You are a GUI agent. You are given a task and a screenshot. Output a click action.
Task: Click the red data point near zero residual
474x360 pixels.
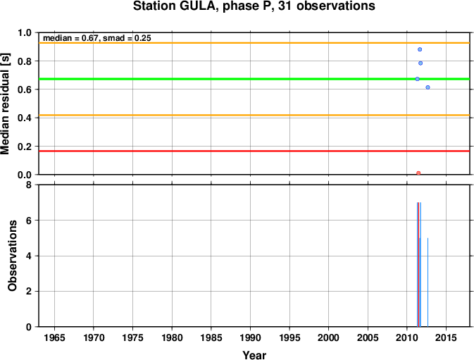click(418, 173)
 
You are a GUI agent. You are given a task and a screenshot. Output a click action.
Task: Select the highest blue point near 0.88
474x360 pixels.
click(420, 49)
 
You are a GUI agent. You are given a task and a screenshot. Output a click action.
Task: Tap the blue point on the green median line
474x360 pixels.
click(417, 79)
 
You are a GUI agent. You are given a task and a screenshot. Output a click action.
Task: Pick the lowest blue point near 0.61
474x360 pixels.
click(428, 87)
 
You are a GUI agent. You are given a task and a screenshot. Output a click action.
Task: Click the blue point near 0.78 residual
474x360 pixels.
click(420, 63)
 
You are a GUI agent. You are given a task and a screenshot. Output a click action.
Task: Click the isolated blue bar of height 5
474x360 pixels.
click(428, 283)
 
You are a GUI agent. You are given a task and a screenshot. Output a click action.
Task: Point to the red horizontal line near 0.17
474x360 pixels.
click(254, 151)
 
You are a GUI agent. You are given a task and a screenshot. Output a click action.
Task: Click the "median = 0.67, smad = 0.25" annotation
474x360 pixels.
click(97, 38)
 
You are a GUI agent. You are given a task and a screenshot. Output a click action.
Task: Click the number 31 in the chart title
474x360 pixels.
click(285, 6)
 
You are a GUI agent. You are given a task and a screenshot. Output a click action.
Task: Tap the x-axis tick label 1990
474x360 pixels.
click(250, 337)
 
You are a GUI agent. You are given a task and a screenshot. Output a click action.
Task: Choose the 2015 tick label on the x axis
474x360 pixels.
click(446, 337)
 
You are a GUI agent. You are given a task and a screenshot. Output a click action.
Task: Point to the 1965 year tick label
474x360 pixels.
click(54, 337)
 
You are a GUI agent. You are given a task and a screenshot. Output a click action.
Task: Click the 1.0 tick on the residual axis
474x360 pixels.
click(25, 32)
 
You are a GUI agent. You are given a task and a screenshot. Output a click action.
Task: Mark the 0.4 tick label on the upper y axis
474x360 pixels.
click(25, 118)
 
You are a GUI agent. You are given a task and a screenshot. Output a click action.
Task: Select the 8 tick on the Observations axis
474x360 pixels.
click(29, 185)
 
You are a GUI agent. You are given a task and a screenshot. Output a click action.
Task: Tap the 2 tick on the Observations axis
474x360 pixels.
click(29, 292)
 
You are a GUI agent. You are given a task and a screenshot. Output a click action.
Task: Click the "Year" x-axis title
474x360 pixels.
click(254, 355)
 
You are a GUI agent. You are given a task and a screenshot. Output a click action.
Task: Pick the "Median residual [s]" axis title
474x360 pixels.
click(5, 104)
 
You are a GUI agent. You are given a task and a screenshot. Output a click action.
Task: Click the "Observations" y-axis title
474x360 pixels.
click(13, 256)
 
